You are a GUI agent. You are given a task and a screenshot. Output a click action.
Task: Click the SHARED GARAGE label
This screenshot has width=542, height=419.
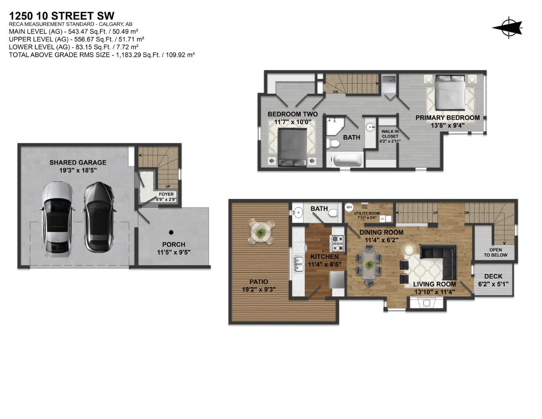[x=78, y=162]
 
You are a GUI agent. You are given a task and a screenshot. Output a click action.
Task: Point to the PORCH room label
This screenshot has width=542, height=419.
[x=173, y=244]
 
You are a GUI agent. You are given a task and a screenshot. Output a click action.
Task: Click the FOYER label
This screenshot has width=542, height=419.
[x=166, y=194]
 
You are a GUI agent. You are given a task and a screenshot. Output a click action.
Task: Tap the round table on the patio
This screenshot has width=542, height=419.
[x=261, y=233]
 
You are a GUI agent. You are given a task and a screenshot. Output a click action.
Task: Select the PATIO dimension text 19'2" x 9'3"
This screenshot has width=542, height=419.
[x=259, y=289]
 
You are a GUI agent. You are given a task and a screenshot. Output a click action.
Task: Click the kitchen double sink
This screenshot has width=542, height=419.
[x=298, y=264]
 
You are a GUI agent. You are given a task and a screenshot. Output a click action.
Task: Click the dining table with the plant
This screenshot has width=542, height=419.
[x=369, y=265]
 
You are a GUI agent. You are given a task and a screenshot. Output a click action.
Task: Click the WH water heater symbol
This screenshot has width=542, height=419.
[x=349, y=207]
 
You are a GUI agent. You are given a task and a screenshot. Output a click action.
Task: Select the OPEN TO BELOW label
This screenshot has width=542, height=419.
[x=495, y=252]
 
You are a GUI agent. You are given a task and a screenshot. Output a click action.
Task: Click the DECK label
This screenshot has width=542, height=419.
[x=493, y=277]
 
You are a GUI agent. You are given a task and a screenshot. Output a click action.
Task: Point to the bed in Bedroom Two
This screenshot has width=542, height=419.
[x=292, y=146]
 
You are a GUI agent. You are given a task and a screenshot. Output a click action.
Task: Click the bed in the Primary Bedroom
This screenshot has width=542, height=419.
[x=450, y=92]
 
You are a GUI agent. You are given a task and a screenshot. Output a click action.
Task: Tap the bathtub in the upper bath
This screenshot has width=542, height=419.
[x=348, y=160]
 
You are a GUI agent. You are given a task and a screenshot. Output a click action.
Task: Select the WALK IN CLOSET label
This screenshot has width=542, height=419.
[x=390, y=134]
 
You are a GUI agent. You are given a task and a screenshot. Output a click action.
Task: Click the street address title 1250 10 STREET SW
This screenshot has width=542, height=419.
[x=61, y=16]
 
